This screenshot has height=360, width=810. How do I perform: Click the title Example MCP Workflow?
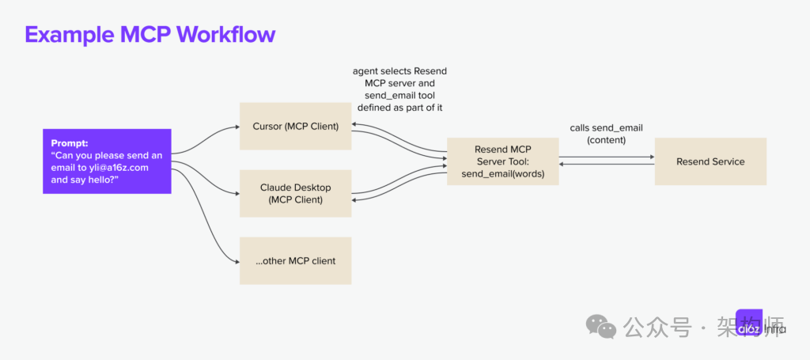click(150, 34)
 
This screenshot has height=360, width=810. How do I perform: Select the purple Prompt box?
click(107, 161)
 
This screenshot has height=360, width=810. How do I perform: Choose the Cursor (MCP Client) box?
click(295, 125)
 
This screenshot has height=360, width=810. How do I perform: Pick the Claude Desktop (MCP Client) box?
click(295, 193)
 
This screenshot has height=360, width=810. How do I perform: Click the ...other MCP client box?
click(295, 261)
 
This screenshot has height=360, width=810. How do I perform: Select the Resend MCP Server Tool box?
click(502, 161)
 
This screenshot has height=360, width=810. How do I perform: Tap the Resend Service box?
click(710, 161)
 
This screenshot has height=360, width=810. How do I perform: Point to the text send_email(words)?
click(502, 174)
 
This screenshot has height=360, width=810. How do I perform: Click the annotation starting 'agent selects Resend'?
click(399, 89)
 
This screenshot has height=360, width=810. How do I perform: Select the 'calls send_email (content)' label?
click(606, 134)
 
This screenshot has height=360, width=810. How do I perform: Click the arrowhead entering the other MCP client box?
click(236, 261)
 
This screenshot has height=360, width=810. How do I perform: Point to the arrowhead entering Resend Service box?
click(651, 157)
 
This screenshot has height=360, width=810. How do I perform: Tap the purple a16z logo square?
click(749, 324)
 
